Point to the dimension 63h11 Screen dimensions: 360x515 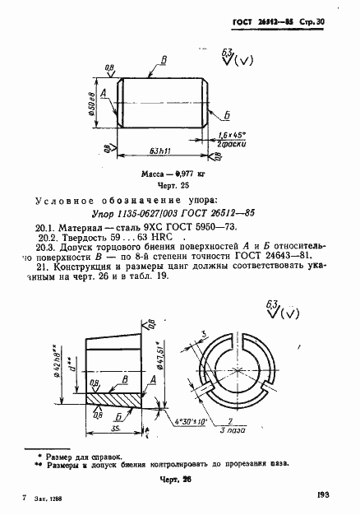pyautogui.click(x=161, y=151)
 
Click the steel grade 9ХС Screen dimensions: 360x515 pyautogui.click(x=139, y=226)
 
